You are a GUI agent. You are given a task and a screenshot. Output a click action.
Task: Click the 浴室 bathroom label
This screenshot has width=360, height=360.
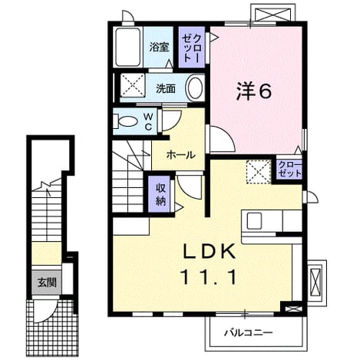pos(159,47)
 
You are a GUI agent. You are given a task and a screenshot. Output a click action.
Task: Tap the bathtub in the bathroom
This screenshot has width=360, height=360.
pos(128,47)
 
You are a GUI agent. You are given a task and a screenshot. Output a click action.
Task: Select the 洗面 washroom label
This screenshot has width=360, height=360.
pos(166,88)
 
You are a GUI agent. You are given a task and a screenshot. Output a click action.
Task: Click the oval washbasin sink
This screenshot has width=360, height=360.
pos(195,88)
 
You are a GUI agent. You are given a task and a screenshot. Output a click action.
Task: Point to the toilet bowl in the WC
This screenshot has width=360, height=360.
pos(127,121)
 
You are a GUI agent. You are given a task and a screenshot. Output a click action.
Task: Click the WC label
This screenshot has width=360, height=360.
pos(149,121)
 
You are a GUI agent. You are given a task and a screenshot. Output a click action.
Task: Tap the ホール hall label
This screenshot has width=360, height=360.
pos(181,155)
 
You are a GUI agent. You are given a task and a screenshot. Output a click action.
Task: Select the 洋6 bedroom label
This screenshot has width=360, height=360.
pos(253,91)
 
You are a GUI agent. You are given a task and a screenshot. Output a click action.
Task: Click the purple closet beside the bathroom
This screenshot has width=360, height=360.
pos(192,47)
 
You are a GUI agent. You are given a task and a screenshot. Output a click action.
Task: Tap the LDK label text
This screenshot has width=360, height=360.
pos(209,251)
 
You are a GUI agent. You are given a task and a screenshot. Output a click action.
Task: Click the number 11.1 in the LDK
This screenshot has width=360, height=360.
pos(209,277)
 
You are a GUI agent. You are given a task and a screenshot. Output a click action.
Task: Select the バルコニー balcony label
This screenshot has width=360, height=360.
pos(249,332)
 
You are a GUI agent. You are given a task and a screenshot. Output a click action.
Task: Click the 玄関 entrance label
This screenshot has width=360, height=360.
pos(47,282)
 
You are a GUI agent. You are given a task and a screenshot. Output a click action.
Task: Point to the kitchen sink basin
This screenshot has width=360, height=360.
pos(254,221)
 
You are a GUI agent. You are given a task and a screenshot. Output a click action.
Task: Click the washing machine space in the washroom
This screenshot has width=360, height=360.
pos(133,85)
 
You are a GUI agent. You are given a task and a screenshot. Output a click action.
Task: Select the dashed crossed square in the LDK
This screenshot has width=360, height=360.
pos(259,172)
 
